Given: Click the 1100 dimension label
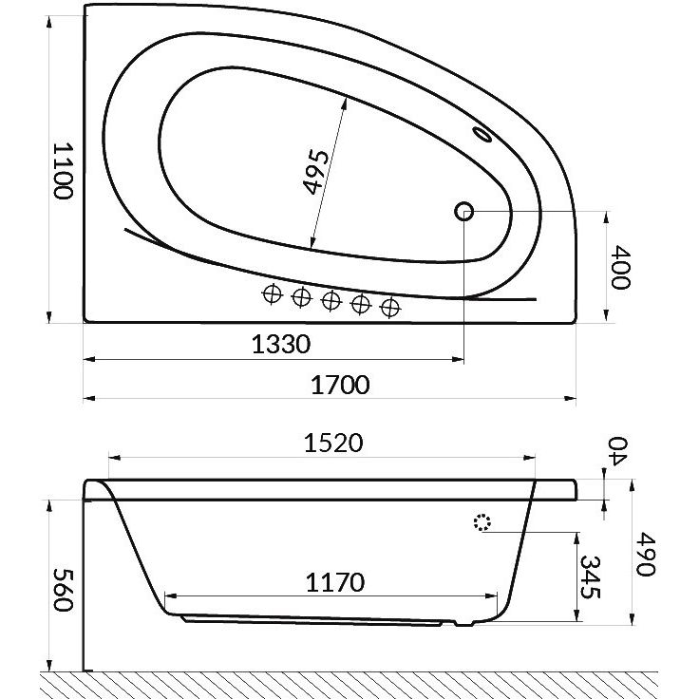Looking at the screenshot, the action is (x=62, y=171).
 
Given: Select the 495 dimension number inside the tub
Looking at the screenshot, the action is (x=315, y=172).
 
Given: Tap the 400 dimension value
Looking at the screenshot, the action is (x=620, y=267).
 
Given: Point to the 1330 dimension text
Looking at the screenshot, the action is (x=281, y=345).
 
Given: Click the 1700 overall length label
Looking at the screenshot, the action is (x=340, y=385).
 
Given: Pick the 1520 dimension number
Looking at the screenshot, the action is (x=333, y=444).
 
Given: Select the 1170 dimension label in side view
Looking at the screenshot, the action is (x=335, y=582).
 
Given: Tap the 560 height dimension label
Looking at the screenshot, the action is (x=63, y=590).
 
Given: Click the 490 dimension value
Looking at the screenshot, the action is (x=645, y=554).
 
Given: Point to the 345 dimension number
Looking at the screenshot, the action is (x=590, y=577).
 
